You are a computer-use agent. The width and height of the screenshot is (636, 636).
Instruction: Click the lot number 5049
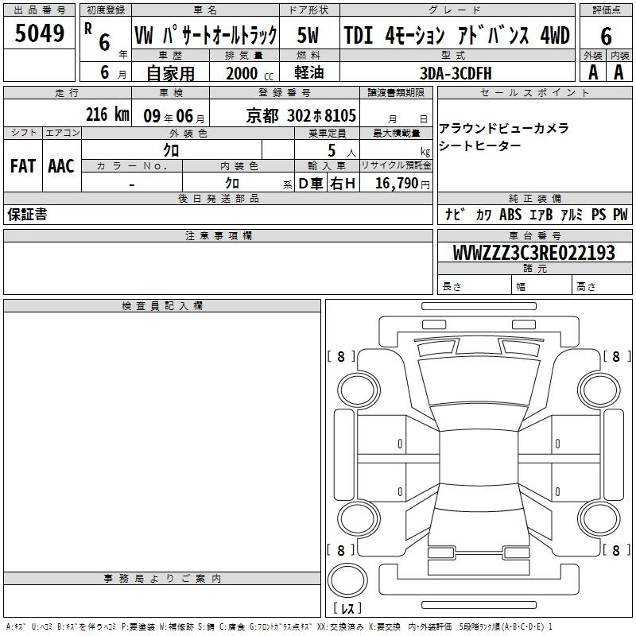click(x=39, y=33)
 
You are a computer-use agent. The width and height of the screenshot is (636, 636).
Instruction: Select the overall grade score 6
click(x=606, y=37)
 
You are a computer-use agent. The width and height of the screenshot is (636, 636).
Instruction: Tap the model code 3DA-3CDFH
click(x=456, y=73)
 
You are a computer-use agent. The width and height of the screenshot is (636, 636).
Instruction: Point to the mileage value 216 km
click(x=107, y=114)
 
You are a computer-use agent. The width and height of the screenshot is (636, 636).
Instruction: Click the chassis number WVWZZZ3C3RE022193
click(x=533, y=253)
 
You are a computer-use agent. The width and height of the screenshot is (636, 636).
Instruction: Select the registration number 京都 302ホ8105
click(x=301, y=116)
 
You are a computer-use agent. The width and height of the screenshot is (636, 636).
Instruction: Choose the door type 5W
click(x=308, y=35)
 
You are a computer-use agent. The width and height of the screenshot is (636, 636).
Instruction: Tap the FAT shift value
click(x=23, y=166)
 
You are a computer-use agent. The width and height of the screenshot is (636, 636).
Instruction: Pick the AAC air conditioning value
click(x=61, y=166)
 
